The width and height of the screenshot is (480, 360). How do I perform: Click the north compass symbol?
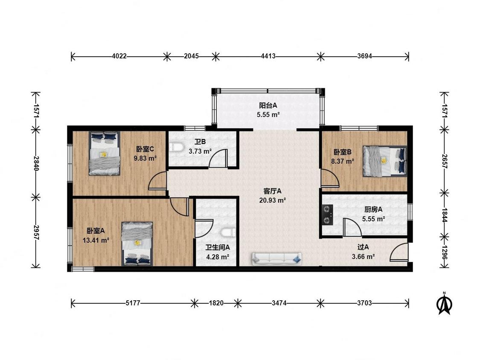pyautogui.click(x=445, y=304)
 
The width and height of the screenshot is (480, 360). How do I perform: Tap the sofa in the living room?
pyautogui.click(x=277, y=258)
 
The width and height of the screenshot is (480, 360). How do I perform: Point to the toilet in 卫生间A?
pyautogui.click(x=229, y=232)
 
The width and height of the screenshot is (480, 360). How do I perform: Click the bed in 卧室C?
pyautogui.click(x=104, y=154)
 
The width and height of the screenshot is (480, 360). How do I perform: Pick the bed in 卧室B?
pyautogui.click(x=385, y=161)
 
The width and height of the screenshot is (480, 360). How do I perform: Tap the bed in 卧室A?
pyautogui.click(x=137, y=244)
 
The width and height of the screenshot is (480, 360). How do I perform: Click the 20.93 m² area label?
pyautogui.click(x=273, y=200)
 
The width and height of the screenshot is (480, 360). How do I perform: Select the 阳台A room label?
pyautogui.click(x=268, y=106)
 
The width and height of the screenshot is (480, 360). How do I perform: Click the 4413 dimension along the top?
pyautogui.click(x=268, y=56)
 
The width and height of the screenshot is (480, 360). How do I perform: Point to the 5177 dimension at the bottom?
pyautogui.click(x=133, y=303)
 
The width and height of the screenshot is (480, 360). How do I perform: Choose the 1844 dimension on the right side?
pyautogui.click(x=444, y=215)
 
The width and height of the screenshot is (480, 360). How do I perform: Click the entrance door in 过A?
pyautogui.click(x=399, y=252)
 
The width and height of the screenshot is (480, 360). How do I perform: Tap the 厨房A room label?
pyautogui.click(x=373, y=210)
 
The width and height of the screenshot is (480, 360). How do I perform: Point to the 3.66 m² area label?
pyautogui.click(x=364, y=256)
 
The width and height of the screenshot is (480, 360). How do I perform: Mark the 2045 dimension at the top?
pyautogui.click(x=191, y=56)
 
